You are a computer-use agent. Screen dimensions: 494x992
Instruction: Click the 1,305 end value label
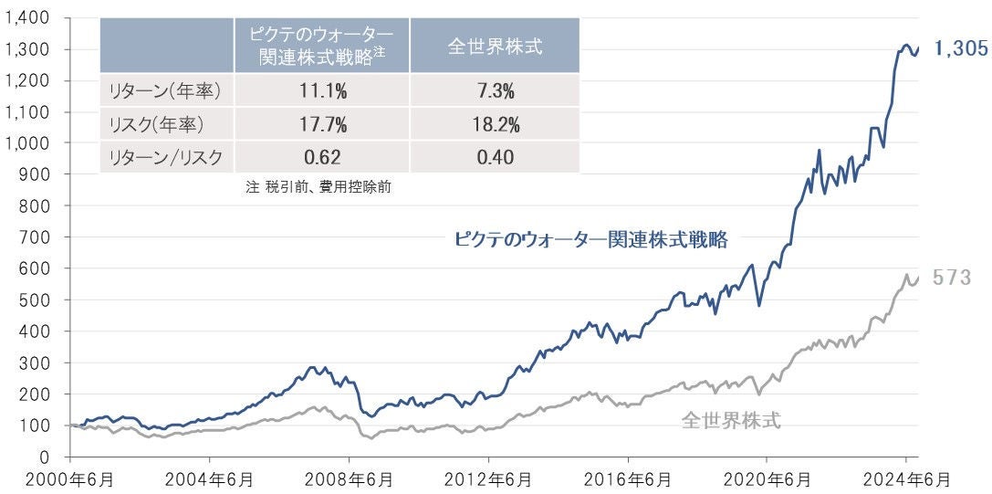click(960, 49)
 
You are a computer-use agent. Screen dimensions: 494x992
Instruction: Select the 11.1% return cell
click(321, 90)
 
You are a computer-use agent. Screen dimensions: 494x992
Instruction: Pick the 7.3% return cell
click(495, 90)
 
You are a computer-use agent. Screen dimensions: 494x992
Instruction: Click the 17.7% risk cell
click(321, 124)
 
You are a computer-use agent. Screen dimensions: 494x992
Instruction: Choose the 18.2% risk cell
click(495, 124)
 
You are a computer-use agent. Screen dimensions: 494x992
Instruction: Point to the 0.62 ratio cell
click(321, 157)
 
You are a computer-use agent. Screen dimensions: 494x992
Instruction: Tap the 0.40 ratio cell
click(495, 157)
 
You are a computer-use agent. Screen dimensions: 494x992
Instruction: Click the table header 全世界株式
click(495, 46)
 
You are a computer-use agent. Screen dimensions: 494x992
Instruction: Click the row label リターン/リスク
click(164, 157)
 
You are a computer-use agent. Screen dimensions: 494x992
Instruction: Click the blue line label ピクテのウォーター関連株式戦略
click(590, 239)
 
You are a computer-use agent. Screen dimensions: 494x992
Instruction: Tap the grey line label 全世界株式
click(731, 421)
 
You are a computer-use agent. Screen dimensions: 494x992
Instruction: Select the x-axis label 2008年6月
click(350, 478)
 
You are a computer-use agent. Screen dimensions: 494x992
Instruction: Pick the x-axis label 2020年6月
click(767, 478)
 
